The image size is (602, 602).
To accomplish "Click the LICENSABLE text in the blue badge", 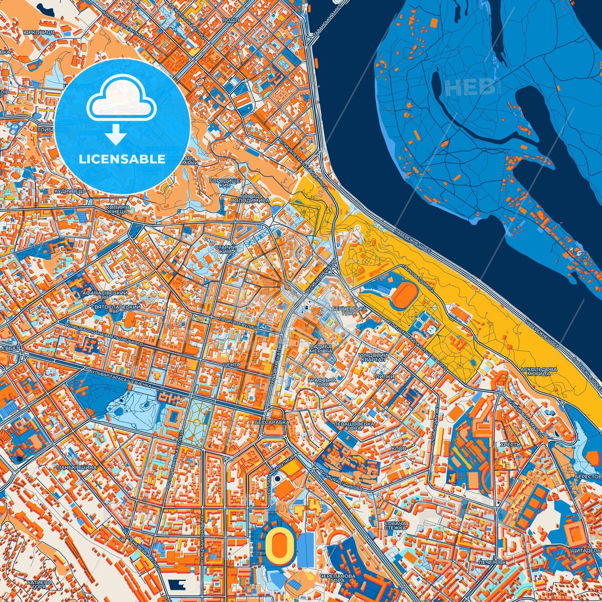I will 122,159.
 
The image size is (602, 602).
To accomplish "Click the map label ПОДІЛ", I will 230,20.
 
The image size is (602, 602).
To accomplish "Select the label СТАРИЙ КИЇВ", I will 225,250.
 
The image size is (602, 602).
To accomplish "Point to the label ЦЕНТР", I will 232,365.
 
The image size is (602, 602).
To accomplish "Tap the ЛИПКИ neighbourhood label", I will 385,376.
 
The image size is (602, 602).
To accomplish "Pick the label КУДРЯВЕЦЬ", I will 70,191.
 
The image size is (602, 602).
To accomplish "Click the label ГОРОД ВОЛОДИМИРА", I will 250,198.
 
